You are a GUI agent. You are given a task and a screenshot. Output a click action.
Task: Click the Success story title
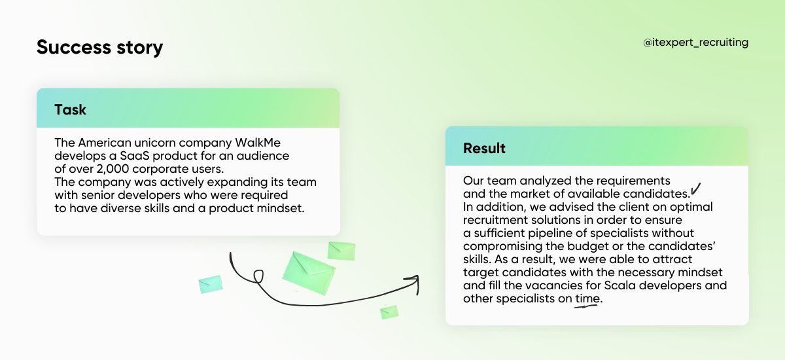pyautogui.click(x=100, y=47)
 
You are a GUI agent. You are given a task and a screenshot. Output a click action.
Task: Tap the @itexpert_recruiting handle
pyautogui.click(x=695, y=43)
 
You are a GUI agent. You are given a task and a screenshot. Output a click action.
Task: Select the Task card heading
pyautogui.click(x=70, y=110)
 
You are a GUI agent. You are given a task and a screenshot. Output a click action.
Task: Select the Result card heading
pyautogui.click(x=484, y=149)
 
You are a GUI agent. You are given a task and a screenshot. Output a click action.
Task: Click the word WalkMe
pyautogui.click(x=258, y=143)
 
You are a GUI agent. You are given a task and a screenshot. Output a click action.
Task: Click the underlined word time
pyautogui.click(x=587, y=298)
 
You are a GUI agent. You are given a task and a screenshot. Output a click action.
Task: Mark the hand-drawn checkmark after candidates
pyautogui.click(x=695, y=189)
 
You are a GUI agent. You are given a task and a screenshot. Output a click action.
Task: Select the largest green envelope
pyautogui.click(x=309, y=273)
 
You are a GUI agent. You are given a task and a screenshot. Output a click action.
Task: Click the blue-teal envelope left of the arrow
pyautogui.click(x=211, y=284)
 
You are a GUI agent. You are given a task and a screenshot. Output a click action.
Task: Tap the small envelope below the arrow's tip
pyautogui.click(x=389, y=312)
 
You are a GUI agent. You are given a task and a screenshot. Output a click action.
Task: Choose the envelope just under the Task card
pyautogui.click(x=341, y=251)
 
